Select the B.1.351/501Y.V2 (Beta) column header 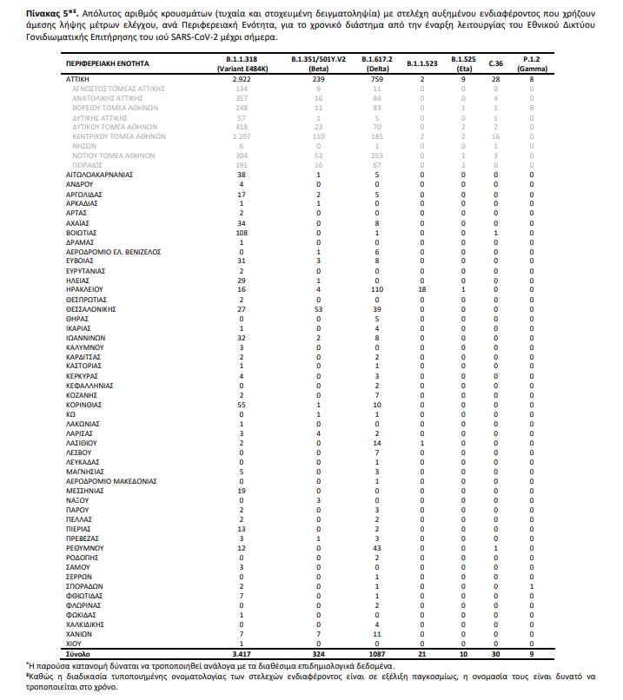coord(318,64)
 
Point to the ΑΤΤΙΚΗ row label coord(79,79)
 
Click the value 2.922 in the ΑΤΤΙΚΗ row coord(242,79)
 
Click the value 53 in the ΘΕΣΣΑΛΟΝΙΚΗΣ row coord(318,308)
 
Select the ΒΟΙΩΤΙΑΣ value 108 coord(242,232)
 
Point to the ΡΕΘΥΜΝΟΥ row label coord(85,549)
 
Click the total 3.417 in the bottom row coord(242,652)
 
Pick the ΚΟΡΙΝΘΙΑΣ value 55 coord(242,405)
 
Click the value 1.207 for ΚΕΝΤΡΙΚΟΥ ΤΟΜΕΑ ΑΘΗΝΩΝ coord(242,136)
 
